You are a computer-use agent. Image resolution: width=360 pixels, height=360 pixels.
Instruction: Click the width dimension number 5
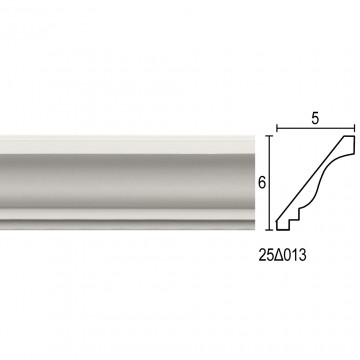click(315, 119)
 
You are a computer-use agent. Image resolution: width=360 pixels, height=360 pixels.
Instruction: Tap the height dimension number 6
click(262, 183)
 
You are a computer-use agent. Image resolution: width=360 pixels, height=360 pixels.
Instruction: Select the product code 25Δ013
click(282, 255)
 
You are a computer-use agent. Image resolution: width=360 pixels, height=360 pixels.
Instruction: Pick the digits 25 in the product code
click(266, 255)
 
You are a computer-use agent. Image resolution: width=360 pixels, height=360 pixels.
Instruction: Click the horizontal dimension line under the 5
click(315, 128)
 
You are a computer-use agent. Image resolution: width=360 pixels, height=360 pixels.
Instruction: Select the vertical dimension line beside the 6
click(270, 183)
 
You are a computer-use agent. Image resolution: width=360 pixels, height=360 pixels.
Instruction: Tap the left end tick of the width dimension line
click(277, 128)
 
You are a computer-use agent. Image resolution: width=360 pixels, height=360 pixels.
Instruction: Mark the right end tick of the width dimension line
click(354, 128)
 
